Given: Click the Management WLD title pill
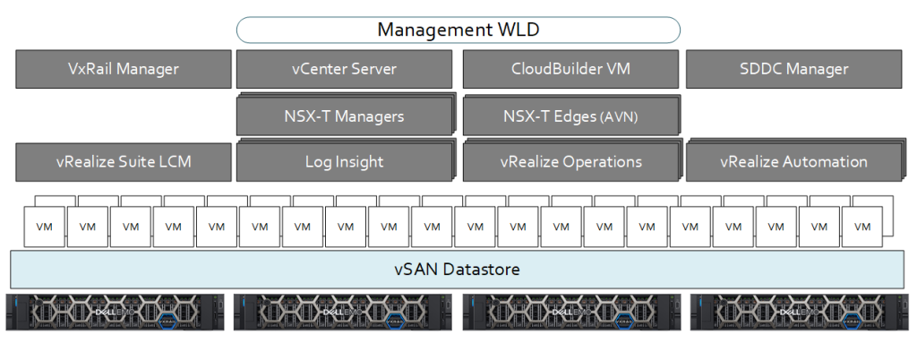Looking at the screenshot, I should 458,30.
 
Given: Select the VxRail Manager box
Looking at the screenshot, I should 124,69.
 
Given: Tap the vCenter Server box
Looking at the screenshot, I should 345,69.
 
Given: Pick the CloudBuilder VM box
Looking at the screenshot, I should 570,69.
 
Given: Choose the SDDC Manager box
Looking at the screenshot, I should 794,69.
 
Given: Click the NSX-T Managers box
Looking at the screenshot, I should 345,116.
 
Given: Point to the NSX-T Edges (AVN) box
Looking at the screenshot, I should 570,116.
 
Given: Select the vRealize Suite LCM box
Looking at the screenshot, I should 124,162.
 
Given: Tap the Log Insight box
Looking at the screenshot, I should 345,162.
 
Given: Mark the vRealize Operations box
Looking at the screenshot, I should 570,162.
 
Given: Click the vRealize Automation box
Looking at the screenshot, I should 793,162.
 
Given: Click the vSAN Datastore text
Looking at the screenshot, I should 457,269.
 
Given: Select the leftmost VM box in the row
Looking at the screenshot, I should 44,227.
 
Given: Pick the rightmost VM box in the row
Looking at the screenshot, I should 862,227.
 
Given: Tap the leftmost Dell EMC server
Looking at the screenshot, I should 114,313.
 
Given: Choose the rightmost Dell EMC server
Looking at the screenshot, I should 801,313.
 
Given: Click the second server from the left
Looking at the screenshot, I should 343,313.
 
